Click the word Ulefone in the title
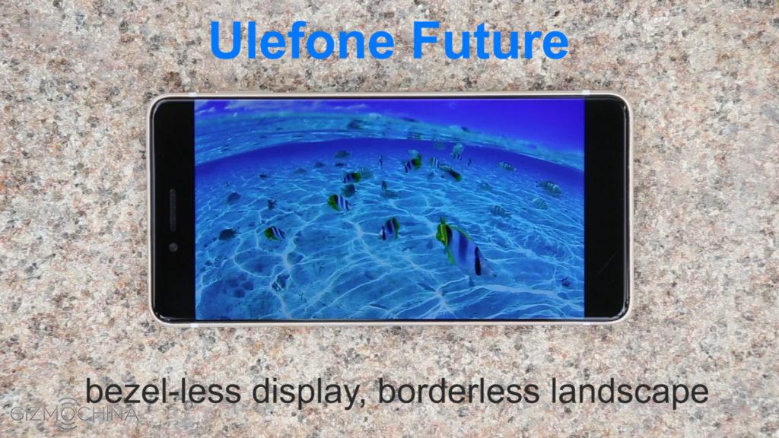301,41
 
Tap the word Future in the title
490,41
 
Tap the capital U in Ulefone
225,41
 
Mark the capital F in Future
428,41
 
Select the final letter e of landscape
701,395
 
